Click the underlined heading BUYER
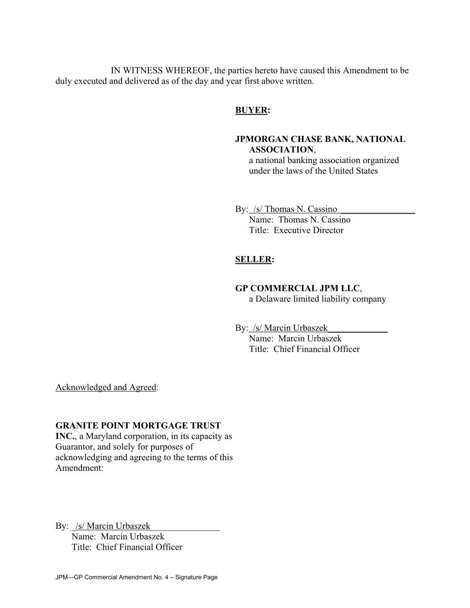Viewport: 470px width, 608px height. coord(251,110)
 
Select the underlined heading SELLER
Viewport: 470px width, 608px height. coord(253,260)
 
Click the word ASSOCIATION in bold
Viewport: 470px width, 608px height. coord(281,150)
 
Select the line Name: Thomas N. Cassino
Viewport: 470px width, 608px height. coord(299,220)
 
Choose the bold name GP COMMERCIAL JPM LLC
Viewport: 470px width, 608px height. coord(297,289)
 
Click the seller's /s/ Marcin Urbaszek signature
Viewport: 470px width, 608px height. coord(290,328)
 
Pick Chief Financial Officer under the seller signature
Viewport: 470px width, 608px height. coord(316,350)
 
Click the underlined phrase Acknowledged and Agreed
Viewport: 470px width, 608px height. coord(106,388)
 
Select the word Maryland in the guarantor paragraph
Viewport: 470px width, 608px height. coord(104,437)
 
